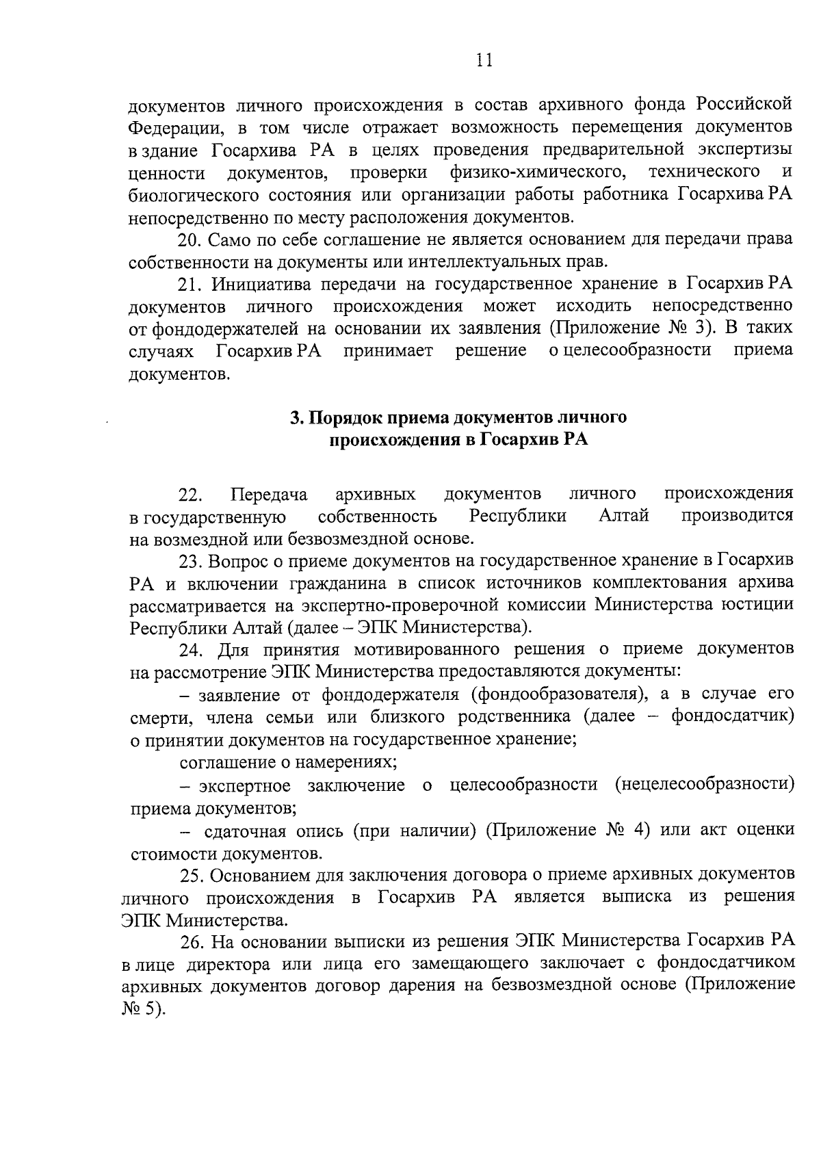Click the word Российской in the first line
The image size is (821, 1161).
coord(745,105)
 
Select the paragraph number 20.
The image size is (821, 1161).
coord(190,240)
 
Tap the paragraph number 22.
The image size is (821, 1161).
coord(191,494)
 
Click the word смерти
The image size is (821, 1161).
coord(154,718)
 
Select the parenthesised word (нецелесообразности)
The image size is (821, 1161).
coord(704,784)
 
